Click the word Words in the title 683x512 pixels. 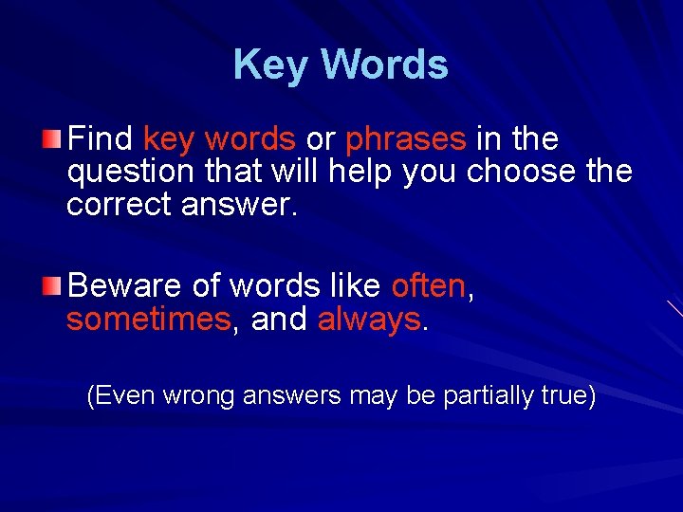tap(384, 64)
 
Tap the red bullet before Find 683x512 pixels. tap(55, 140)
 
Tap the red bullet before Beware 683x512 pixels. tap(55, 285)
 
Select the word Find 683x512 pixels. tap(101, 139)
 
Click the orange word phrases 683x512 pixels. tap(406, 140)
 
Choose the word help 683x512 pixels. tap(361, 172)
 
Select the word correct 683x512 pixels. tap(119, 204)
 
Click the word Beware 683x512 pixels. tap(125, 285)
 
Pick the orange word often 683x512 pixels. tap(428, 284)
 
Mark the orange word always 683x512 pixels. tap(369, 320)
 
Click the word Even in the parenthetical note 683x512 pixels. tap(124, 395)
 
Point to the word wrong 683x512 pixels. tap(200, 395)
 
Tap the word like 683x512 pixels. tap(356, 284)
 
